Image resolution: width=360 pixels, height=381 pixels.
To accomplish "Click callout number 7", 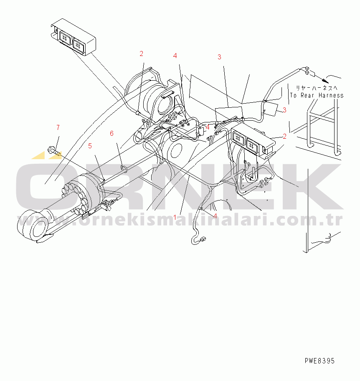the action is point(58,127).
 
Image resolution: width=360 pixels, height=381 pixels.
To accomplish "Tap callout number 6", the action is point(112,133).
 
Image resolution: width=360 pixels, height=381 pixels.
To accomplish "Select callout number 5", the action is point(90,146).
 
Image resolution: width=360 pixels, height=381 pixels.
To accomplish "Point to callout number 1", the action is point(175,217).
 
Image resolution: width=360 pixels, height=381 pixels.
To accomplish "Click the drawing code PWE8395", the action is point(319,361).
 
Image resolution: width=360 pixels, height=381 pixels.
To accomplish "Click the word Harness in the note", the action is point(331,95).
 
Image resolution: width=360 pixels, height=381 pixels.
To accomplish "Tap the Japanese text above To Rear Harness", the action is point(317,88).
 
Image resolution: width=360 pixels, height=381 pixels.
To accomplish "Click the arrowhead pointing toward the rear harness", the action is point(325,80).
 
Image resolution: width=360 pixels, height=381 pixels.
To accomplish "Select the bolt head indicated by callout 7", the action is point(51,150).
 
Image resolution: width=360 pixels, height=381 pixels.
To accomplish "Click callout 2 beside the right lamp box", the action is point(284,136).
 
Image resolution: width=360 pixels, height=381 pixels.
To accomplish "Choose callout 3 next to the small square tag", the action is point(284,110).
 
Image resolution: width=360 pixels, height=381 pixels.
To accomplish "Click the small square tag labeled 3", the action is point(271,109).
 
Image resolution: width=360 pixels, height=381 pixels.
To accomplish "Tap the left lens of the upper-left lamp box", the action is point(65,38).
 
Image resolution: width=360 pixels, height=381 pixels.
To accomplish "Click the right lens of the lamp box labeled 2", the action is point(253,145).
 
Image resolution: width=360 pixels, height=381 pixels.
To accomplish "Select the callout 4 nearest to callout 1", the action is point(215,216).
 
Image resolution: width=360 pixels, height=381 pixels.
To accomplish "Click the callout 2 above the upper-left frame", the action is point(142,53).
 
